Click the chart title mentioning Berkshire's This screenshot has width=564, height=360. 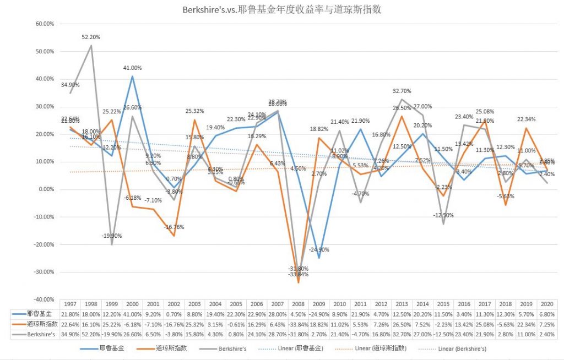[282, 9]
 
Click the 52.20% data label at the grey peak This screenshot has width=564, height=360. [91, 37]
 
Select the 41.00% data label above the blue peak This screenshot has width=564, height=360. [132, 68]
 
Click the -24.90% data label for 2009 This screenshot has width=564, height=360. [318, 249]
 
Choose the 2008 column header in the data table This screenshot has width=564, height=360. [298, 304]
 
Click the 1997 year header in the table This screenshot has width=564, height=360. [70, 304]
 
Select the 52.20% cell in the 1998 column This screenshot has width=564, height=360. [91, 335]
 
